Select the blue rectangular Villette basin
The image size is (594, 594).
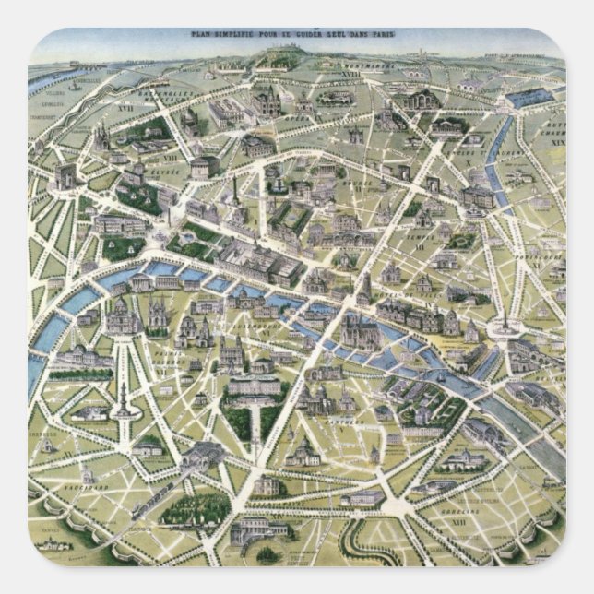coord(529,96)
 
